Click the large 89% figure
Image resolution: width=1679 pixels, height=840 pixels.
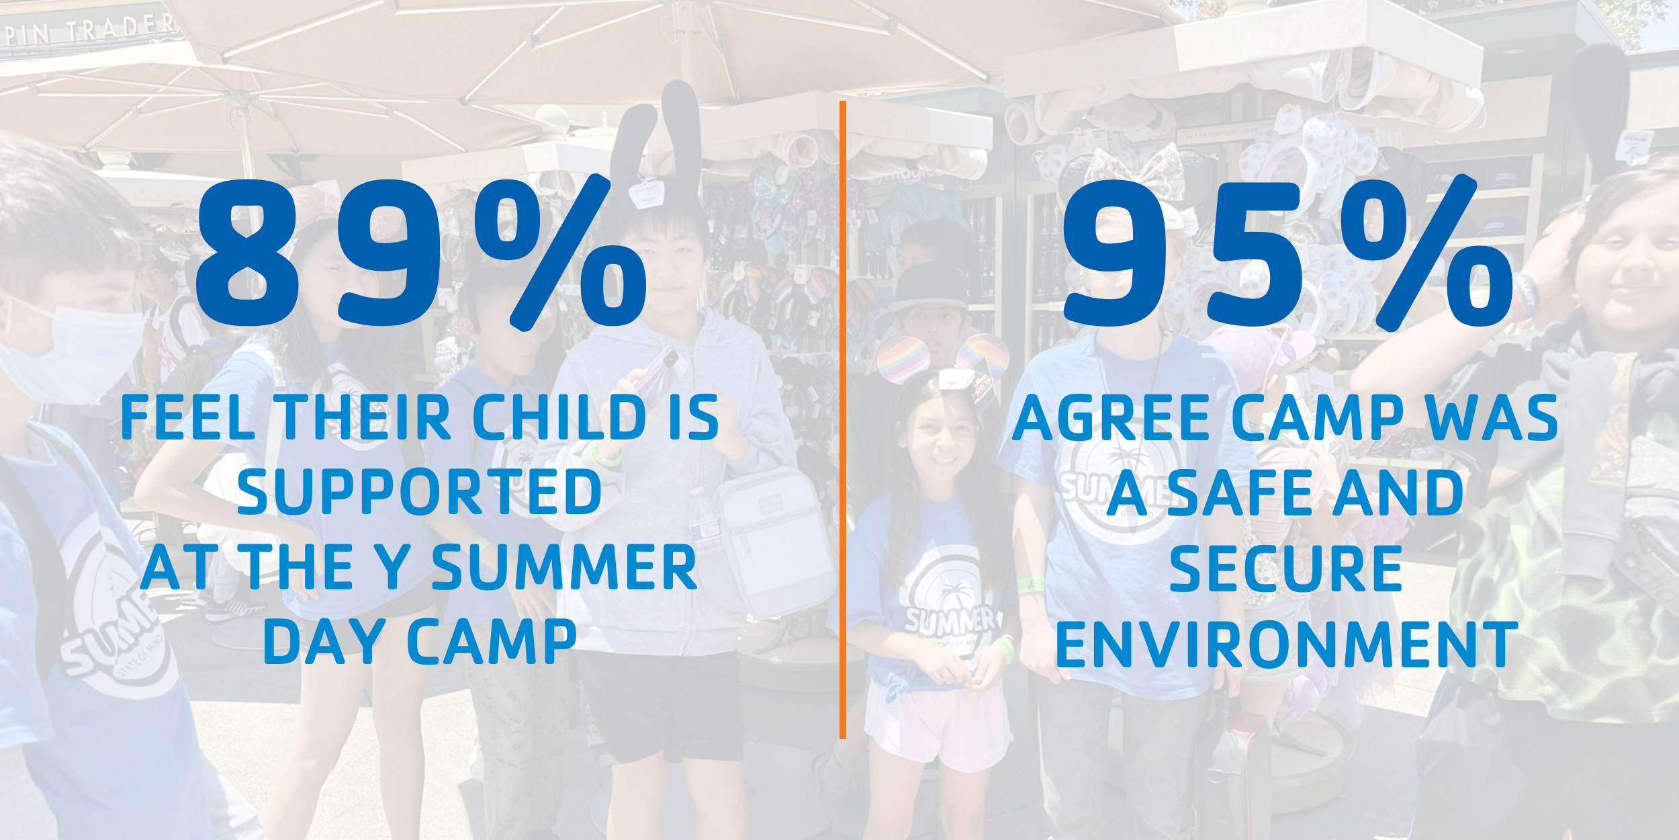click(421, 253)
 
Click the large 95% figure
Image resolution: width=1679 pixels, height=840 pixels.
click(1287, 253)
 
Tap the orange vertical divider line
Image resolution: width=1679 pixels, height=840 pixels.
click(843, 420)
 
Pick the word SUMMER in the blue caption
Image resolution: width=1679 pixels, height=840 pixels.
click(565, 567)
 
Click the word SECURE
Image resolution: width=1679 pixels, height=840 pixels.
click(1285, 567)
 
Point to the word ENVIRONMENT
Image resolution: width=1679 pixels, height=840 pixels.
click(1287, 643)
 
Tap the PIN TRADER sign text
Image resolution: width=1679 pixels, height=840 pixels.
click(91, 28)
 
